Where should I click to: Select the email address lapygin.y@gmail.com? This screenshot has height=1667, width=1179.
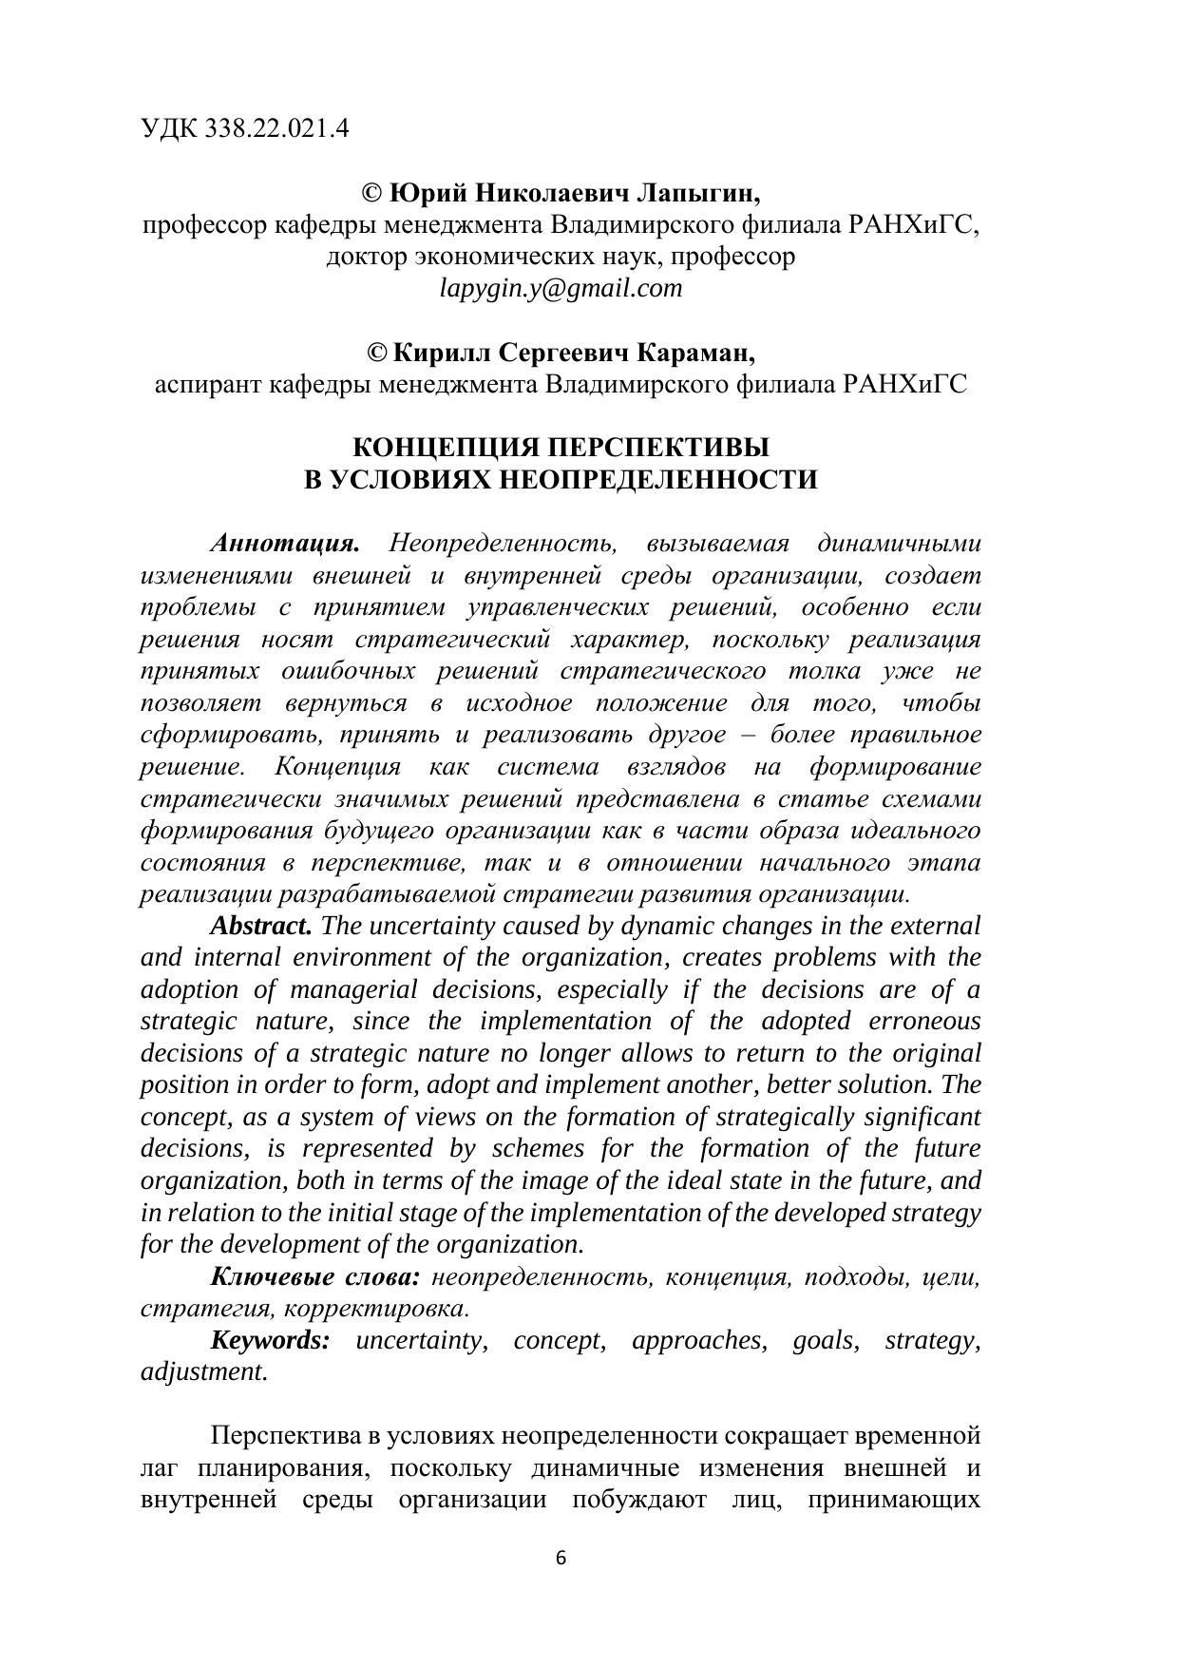(x=561, y=288)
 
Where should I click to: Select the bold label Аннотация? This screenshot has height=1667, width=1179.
(x=285, y=544)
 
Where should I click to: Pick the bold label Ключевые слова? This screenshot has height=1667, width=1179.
(x=314, y=1276)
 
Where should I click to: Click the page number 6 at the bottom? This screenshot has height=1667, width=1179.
(x=561, y=1558)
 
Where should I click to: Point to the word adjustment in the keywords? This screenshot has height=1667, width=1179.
(x=203, y=1371)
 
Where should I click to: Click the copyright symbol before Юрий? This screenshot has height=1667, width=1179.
(x=372, y=194)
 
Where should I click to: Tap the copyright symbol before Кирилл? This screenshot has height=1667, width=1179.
(x=377, y=353)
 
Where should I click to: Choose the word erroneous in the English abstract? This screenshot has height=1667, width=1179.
(x=923, y=1021)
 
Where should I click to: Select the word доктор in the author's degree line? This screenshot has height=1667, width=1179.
(x=367, y=257)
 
